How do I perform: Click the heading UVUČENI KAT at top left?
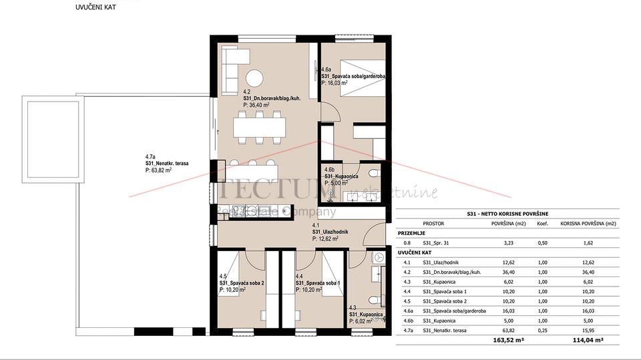point(93,8)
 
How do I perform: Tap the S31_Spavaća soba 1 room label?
point(318,283)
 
